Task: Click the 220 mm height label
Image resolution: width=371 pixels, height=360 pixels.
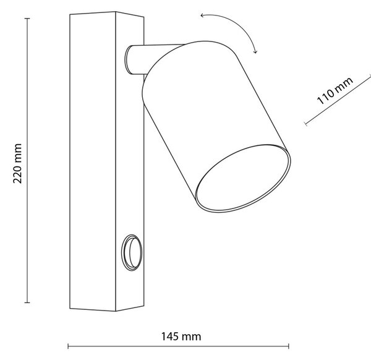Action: pos(17,163)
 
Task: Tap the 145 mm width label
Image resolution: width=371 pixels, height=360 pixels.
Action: pos(181,336)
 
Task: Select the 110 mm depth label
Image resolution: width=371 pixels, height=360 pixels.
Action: pos(335,90)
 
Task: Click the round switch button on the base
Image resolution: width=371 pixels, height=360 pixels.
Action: pos(132,252)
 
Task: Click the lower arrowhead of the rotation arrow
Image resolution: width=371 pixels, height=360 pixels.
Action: pos(255,51)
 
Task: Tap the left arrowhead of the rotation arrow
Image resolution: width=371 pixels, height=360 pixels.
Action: pos(202,15)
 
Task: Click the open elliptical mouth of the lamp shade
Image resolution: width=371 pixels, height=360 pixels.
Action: pos(243,178)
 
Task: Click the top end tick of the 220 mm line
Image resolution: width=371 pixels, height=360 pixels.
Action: pos(27,18)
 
